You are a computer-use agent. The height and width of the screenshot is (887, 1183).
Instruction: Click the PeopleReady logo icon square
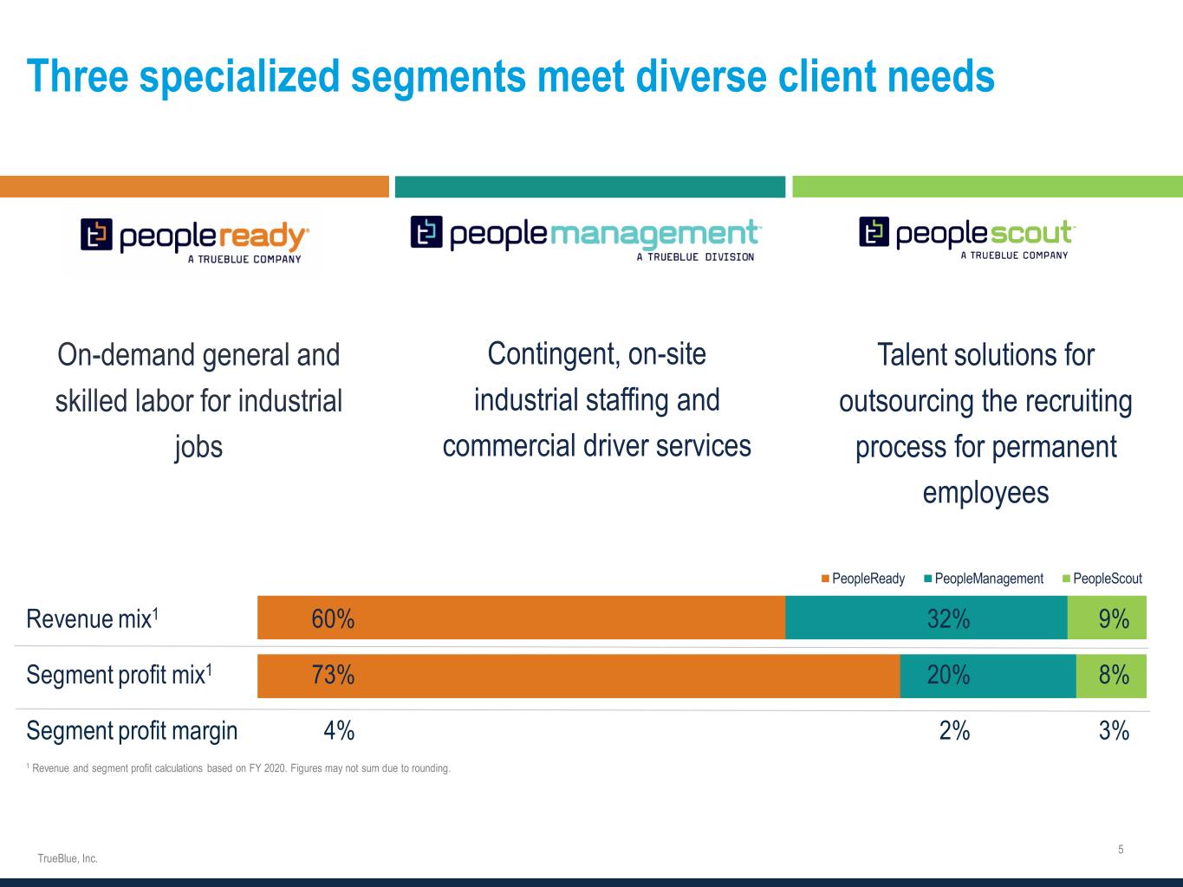pos(96,235)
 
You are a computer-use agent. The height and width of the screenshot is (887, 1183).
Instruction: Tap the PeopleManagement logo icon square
pos(426,232)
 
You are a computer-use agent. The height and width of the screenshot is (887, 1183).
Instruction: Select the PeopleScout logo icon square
pos(874,232)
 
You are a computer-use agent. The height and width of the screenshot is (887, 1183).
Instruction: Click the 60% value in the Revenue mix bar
pos(333,618)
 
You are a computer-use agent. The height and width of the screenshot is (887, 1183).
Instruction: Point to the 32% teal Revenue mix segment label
pos(948,618)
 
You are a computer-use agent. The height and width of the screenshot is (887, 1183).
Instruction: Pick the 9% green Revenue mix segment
pos(1113,618)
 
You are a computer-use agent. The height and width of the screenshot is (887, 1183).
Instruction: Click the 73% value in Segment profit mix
pos(333,675)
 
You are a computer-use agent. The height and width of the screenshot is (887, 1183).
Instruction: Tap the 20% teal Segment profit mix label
pos(948,675)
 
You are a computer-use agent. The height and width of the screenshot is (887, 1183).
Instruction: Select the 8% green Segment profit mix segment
pos(1113,675)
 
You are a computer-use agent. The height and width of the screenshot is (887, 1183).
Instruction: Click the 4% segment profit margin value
pos(339,731)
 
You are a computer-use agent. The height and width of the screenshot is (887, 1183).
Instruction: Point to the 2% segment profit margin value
pos(954,731)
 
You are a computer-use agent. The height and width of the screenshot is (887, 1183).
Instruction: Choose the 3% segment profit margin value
pos(1114,731)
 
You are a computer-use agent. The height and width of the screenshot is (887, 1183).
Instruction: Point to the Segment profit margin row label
pos(132,731)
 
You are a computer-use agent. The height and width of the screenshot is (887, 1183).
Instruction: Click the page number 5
pos(1121,850)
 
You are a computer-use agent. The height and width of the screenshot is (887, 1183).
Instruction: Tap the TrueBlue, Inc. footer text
pos(68,858)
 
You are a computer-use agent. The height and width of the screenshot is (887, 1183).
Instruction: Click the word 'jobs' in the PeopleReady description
pos(198,447)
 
